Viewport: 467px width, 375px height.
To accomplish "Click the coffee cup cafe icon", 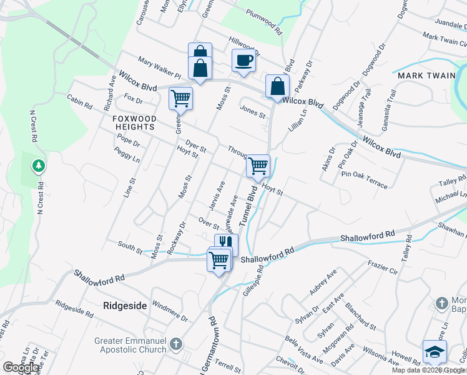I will [x=243, y=61].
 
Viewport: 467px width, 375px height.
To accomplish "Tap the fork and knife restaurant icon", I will [x=226, y=243].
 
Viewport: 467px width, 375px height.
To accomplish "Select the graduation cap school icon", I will [x=435, y=352].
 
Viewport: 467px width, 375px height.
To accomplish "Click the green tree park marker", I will [x=39, y=166].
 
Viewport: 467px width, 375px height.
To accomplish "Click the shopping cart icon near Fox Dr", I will [x=180, y=97].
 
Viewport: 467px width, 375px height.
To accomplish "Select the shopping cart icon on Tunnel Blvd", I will [x=258, y=166].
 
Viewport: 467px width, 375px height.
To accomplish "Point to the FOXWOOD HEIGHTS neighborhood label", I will [x=134, y=122].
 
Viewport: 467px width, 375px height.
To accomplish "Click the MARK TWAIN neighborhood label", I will [x=426, y=76].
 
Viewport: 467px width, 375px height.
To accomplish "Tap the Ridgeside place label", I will [x=125, y=306].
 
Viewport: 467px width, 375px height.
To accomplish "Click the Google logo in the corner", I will [x=21, y=367].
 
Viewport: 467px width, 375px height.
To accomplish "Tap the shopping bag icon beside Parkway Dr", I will [x=277, y=86].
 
